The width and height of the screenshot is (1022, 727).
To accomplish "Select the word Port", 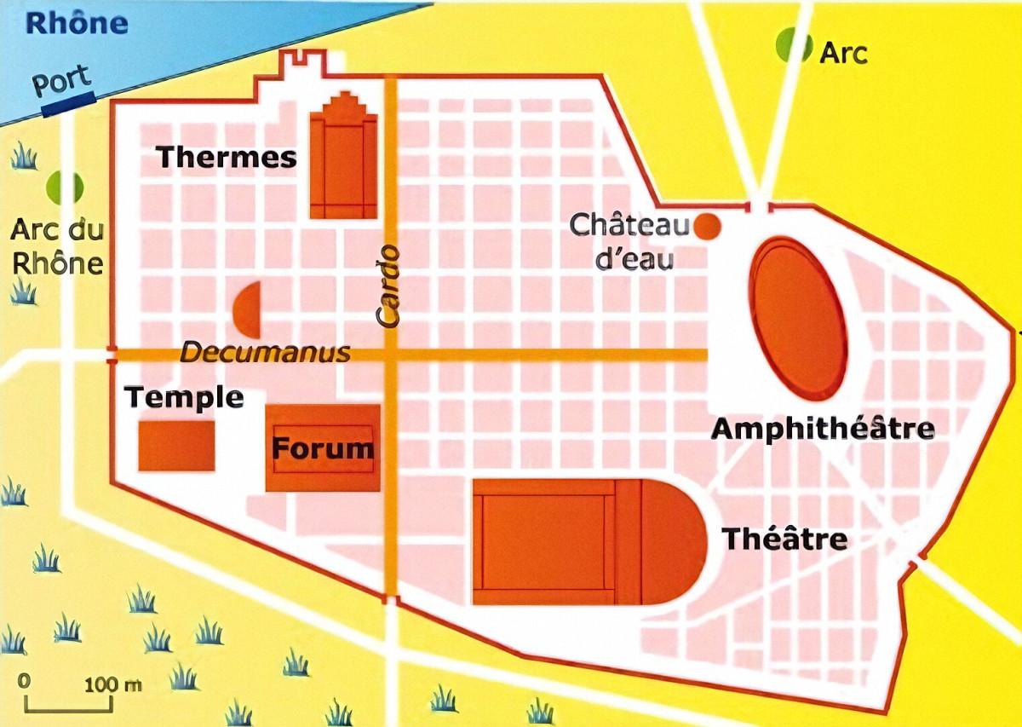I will pyautogui.click(x=61, y=82).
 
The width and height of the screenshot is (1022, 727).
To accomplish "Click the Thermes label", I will pyautogui.click(x=227, y=157).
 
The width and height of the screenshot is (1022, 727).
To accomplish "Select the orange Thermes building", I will pyautogui.click(x=343, y=162).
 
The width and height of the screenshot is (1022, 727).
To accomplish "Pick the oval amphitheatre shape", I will pyautogui.click(x=799, y=318).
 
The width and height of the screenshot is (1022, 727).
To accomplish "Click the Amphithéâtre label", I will pyautogui.click(x=823, y=429).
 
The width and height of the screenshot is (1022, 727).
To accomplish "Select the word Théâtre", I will pyautogui.click(x=784, y=539).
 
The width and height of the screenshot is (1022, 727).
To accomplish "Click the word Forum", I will pyautogui.click(x=323, y=448).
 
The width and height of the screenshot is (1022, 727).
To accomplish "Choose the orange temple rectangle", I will pyautogui.click(x=176, y=446).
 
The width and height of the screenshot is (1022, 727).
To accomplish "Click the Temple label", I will pyautogui.click(x=184, y=397).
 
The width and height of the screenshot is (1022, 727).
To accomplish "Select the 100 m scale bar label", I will pyautogui.click(x=112, y=684).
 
